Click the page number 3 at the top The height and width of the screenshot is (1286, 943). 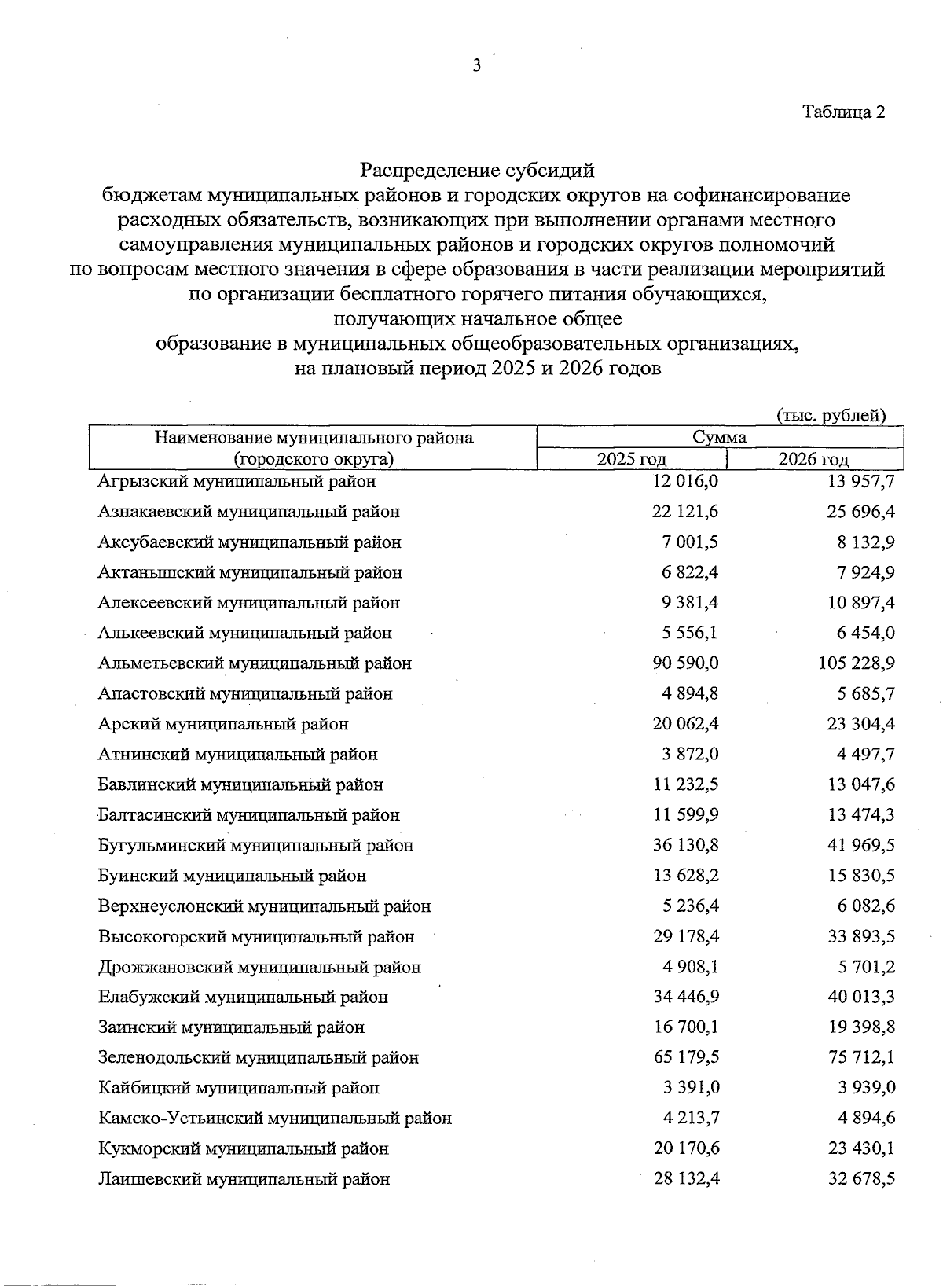(476, 66)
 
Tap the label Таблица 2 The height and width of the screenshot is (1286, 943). (843, 112)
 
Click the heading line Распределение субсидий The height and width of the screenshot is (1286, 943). (477, 170)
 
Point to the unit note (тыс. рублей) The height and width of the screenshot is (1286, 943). (831, 416)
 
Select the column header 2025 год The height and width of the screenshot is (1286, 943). (631, 460)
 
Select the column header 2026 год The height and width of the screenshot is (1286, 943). (813, 460)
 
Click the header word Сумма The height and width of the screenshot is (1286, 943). (719, 438)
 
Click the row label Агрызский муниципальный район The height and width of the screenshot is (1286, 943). (237, 481)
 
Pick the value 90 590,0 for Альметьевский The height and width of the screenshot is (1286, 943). (685, 663)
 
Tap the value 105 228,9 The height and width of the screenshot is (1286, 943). (857, 663)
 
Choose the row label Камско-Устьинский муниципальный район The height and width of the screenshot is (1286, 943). (275, 1119)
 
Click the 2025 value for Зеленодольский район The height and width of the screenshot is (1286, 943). (686, 1058)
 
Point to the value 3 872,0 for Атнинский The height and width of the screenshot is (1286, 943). (690, 755)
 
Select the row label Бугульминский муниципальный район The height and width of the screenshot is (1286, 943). (255, 846)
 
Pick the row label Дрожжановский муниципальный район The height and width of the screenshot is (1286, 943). (259, 968)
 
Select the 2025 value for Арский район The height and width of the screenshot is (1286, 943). (685, 724)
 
